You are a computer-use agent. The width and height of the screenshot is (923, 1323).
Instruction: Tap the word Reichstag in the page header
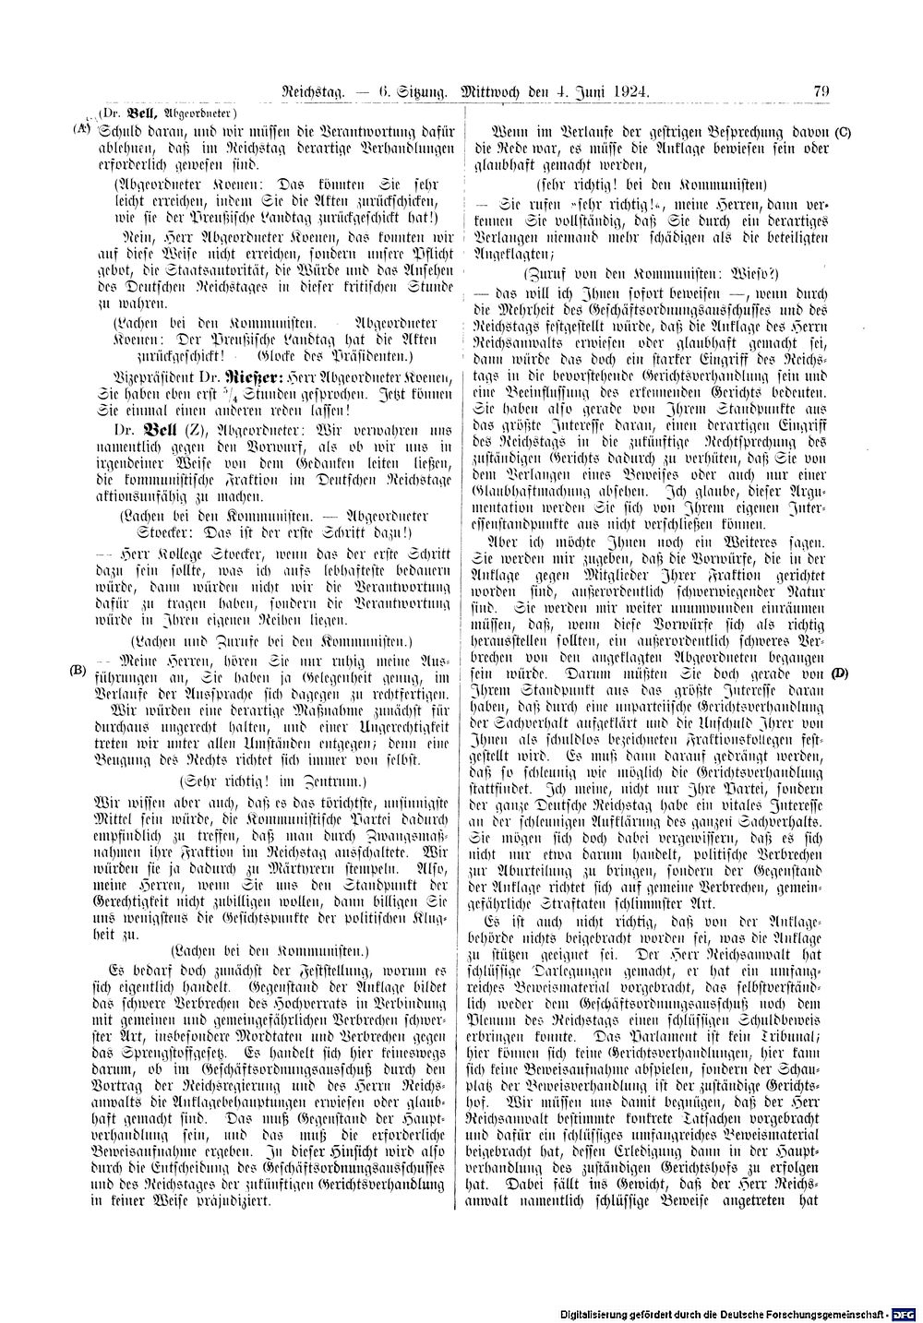[x=318, y=91]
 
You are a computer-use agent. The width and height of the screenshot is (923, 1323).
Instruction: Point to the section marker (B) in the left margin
[x=78, y=671]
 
